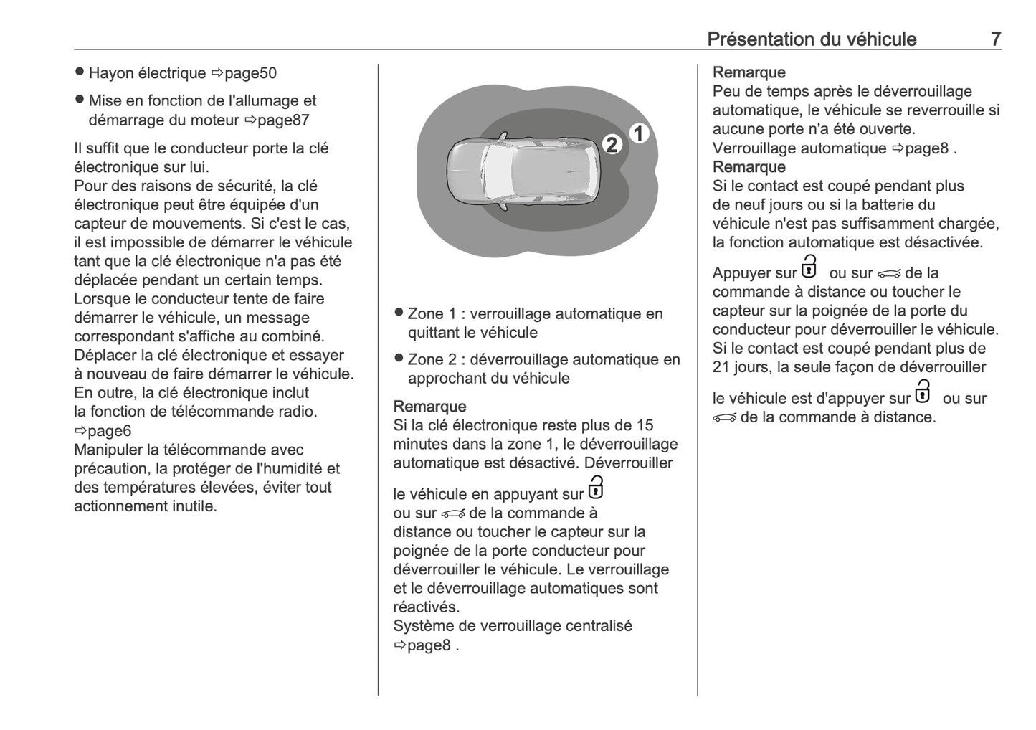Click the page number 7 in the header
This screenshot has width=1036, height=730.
[995, 39]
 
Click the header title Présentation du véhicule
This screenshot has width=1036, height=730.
[811, 39]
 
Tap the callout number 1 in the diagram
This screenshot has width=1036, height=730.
[640, 133]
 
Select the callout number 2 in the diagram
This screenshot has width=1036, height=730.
[612, 145]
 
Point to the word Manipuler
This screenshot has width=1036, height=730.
[107, 450]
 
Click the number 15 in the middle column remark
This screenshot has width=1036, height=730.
[645, 425]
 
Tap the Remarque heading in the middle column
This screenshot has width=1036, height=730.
[429, 407]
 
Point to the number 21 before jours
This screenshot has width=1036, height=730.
[721, 367]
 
